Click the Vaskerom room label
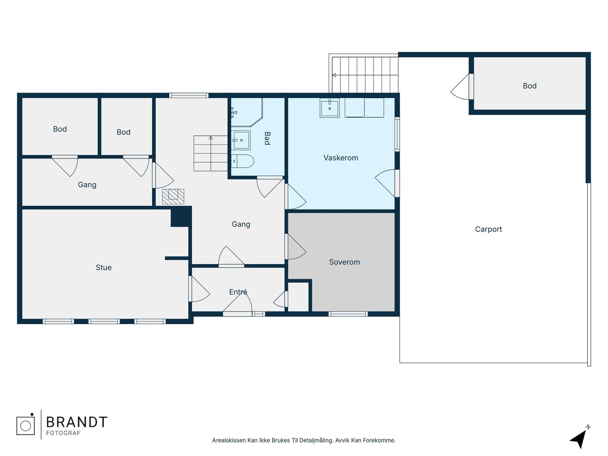click(x=341, y=158)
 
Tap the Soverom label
click(x=344, y=262)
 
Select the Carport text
click(x=488, y=229)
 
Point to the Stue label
click(x=104, y=268)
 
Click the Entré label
click(x=238, y=291)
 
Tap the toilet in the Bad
click(x=242, y=161)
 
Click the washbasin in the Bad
click(x=241, y=140)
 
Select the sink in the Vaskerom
click(x=329, y=108)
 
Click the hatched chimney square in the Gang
click(x=173, y=196)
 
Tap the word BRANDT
click(x=77, y=422)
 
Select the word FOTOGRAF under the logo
click(x=63, y=433)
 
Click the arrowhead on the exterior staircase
click(x=334, y=75)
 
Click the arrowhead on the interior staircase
click(x=211, y=138)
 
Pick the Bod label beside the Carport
click(x=530, y=86)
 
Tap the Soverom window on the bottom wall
click(x=348, y=314)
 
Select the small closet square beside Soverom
click(x=298, y=297)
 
